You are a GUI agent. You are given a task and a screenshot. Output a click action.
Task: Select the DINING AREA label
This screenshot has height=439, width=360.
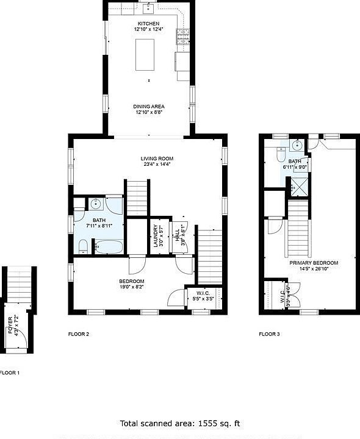pos(149,107)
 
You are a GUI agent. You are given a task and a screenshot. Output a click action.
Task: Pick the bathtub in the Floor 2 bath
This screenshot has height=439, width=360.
pos(108,247)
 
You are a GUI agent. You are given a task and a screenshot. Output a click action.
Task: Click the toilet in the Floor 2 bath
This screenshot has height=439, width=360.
pos(84,246)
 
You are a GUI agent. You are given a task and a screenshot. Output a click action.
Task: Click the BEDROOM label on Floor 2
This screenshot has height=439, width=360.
pos(131,281)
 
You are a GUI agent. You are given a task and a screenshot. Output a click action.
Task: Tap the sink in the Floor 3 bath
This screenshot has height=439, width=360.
pos(297,145)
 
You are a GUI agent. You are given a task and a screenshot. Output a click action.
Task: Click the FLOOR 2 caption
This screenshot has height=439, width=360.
pos(79,334)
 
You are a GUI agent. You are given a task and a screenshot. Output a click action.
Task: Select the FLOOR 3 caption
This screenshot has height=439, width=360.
pos(269,334)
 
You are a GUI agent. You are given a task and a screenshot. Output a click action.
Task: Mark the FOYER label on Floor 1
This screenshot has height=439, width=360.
pos(12,323)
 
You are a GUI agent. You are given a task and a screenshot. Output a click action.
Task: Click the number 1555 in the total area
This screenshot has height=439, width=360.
pos(206,423)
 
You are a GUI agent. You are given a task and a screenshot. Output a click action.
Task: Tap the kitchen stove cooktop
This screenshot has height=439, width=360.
pos(182,38)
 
